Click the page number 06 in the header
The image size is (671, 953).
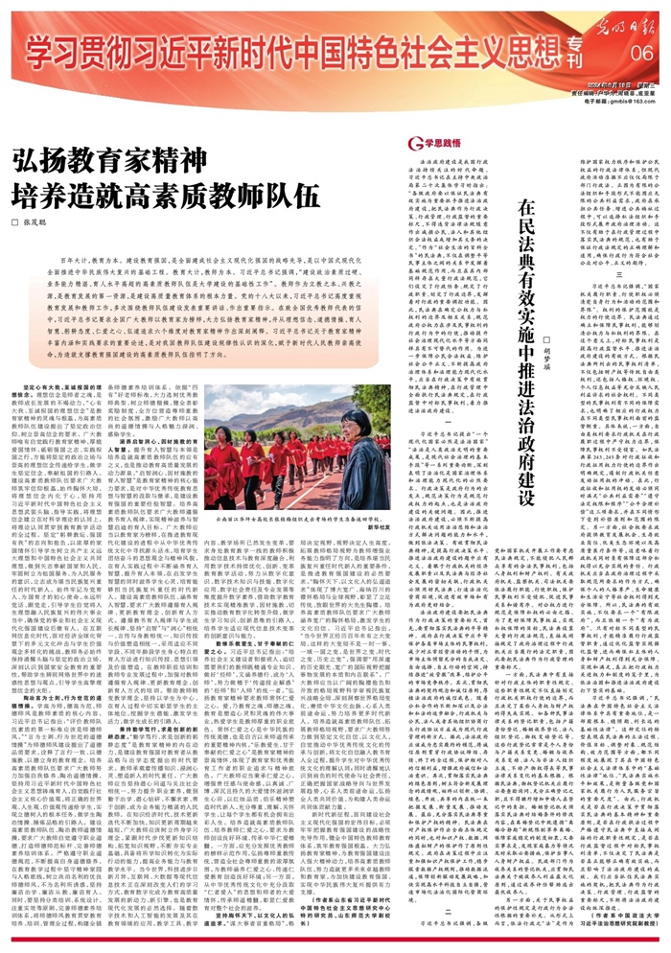click(640, 51)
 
